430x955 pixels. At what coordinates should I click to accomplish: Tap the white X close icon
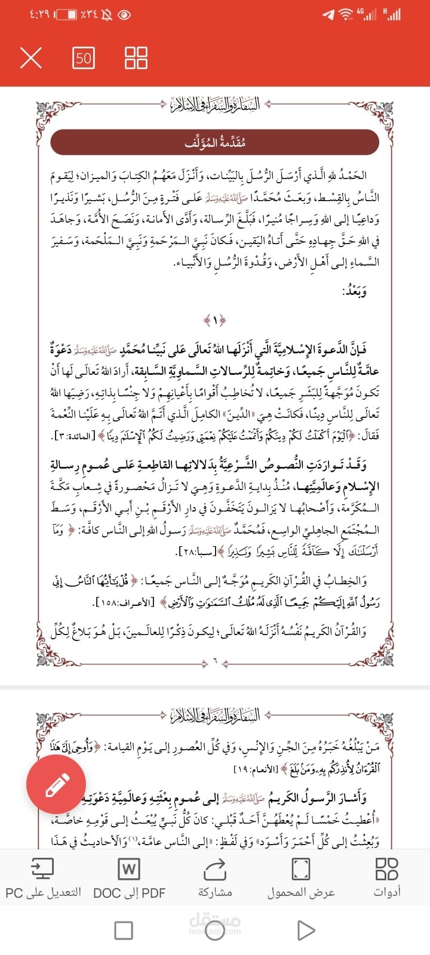click(31, 58)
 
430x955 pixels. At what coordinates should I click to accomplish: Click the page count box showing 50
click(84, 58)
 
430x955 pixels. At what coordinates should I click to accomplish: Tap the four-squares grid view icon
click(136, 58)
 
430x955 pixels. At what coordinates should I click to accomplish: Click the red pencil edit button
click(56, 784)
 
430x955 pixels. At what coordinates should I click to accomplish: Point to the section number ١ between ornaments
click(215, 321)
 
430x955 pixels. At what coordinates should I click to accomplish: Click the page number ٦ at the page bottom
click(215, 662)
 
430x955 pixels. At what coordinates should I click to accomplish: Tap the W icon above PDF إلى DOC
click(129, 868)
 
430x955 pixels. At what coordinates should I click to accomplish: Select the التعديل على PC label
click(43, 892)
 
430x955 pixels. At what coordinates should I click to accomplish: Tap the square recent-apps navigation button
click(124, 930)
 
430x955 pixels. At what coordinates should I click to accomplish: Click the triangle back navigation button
click(306, 930)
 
